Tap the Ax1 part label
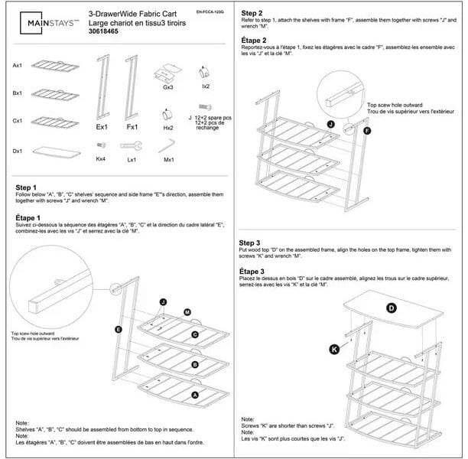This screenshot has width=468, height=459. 18,66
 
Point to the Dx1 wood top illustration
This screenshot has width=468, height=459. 56,151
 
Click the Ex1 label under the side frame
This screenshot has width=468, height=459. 101,127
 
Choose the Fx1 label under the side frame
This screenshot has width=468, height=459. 132,127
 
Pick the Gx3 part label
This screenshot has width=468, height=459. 168,87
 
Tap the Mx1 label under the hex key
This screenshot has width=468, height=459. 169,159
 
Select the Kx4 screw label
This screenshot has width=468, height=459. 100,159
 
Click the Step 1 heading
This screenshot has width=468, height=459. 26,187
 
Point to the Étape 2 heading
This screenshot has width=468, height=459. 255,40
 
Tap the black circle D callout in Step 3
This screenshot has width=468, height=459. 391,308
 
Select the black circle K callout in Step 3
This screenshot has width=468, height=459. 333,349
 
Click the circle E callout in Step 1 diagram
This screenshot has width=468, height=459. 119,328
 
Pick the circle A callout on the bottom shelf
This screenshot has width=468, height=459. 194,395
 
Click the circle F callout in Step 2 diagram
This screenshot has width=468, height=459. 366,131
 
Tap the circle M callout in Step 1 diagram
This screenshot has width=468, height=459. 187,311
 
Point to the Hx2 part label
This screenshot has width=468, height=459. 168,128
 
